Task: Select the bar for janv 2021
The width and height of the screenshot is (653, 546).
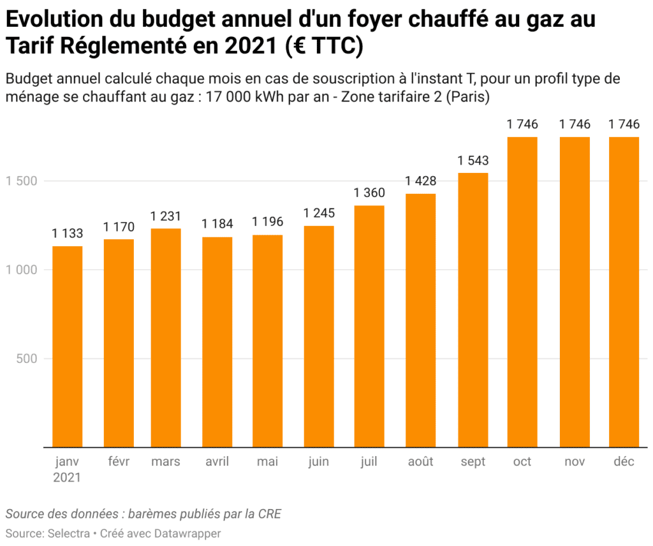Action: [x=68, y=346]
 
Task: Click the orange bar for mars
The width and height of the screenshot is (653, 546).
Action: [x=166, y=337]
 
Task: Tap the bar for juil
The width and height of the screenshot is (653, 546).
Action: [x=369, y=326]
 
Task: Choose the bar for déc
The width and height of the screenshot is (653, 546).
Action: [x=624, y=291]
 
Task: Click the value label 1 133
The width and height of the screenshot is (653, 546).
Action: [x=68, y=234]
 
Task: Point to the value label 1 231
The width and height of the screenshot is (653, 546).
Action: [x=166, y=216]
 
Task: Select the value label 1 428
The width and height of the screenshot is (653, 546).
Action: [x=421, y=182]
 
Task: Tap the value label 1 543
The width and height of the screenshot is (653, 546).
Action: [x=473, y=161]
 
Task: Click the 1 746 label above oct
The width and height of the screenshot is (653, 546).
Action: [x=522, y=124]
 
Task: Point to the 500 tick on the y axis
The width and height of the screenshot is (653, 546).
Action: [x=26, y=358]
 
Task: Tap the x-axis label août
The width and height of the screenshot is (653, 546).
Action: [x=421, y=462]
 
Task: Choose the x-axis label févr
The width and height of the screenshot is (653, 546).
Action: [x=119, y=462]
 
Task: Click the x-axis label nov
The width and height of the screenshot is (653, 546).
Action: [x=574, y=462]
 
